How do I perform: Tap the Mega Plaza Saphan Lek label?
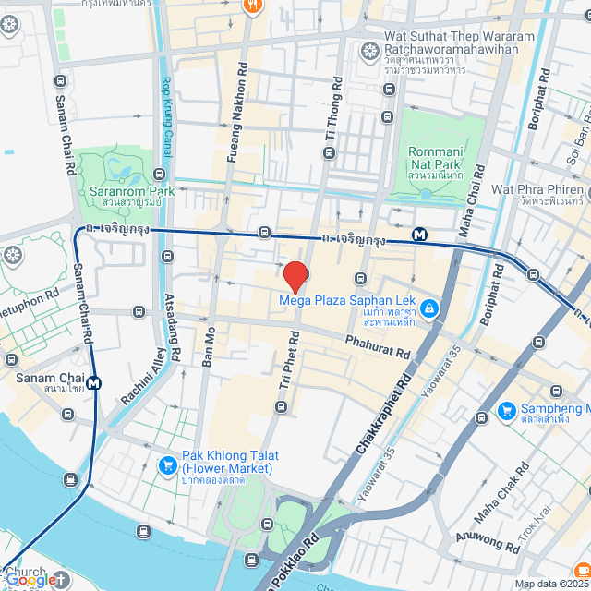point(344,300)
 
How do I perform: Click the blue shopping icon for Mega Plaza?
point(428,308)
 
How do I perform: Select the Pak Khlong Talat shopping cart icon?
point(167,464)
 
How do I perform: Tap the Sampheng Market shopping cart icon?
point(506,410)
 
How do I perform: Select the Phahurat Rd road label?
point(377,347)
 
